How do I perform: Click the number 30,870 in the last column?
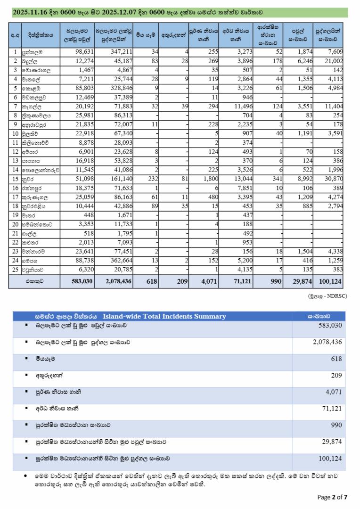[331, 179]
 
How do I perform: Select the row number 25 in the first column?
[16, 270]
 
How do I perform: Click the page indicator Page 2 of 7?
[333, 496]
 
